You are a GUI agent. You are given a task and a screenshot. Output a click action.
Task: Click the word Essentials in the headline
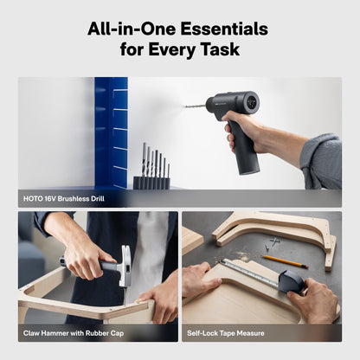(x=224, y=29)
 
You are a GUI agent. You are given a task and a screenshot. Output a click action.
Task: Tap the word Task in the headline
(x=220, y=49)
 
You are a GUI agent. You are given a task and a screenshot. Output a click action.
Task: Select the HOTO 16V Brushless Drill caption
(x=64, y=199)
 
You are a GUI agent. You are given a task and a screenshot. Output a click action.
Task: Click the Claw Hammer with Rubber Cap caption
(x=74, y=333)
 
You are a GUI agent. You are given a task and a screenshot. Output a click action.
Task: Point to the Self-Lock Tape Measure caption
(x=226, y=333)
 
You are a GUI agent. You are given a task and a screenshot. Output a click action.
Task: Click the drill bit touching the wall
(x=196, y=106)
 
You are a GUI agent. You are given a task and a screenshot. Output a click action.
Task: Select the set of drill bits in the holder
(x=152, y=166)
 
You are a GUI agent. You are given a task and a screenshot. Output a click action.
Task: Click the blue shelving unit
(x=112, y=133)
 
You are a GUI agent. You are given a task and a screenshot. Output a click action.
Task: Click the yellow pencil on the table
(x=285, y=261)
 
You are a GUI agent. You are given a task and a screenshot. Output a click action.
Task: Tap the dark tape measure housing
(x=292, y=282)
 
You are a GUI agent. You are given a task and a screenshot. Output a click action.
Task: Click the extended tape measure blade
(x=249, y=273)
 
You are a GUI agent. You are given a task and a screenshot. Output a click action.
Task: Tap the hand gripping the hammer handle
(x=84, y=257)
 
